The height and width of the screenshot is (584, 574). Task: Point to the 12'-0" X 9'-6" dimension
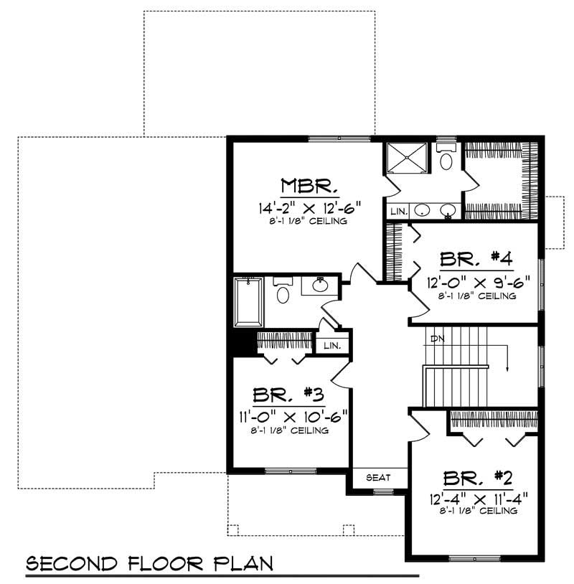pos(478,283)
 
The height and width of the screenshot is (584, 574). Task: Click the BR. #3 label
pos(290,396)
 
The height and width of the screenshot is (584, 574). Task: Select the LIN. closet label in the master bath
pos(399,212)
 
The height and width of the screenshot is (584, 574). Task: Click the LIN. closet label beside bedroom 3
pos(331,345)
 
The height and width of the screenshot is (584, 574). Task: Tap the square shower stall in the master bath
pos(406,159)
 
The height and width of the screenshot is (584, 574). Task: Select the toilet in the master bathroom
pos(446,158)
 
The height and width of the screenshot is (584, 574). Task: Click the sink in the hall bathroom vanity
pos(321,286)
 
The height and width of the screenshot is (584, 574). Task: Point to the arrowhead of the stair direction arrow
pos(508,369)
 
